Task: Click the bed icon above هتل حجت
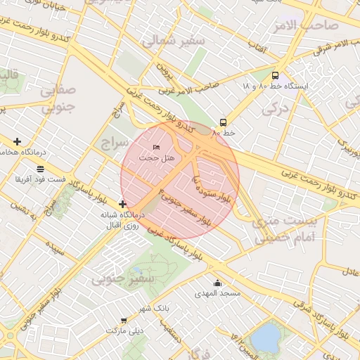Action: click(156, 147)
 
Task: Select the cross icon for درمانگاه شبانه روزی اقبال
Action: click(122, 204)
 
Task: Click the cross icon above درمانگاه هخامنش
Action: click(17, 141)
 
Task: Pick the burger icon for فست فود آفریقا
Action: click(39, 169)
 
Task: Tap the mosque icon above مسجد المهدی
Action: click(217, 283)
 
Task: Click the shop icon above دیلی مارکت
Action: click(124, 320)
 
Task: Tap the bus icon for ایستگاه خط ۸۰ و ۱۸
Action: click(275, 75)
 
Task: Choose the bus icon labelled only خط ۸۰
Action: click(223, 122)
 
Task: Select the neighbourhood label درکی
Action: click(275, 109)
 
